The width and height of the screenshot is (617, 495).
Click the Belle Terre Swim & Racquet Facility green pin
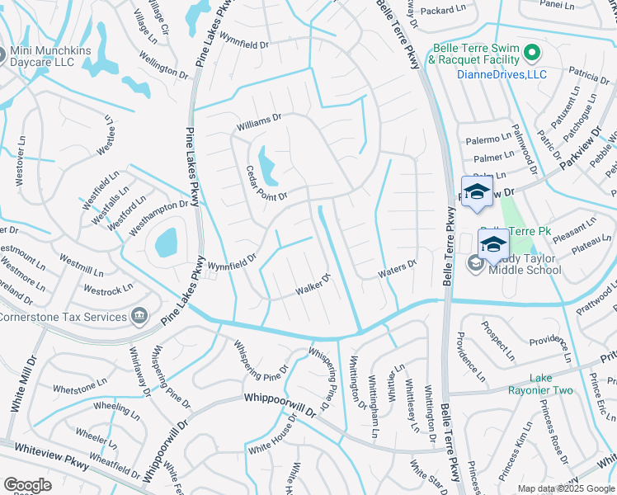pos(532,54)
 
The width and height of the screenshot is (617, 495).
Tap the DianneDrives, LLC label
pos(502,74)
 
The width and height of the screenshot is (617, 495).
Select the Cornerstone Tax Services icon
pos(139,316)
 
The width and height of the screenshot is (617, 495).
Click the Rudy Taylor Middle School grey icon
pos(475,263)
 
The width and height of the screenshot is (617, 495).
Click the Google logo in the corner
pos(27,485)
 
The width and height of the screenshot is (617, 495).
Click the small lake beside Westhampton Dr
pos(166,242)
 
